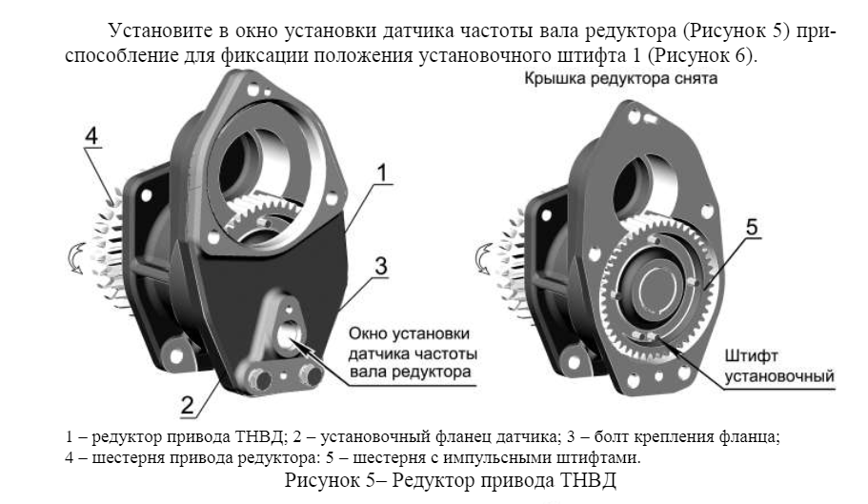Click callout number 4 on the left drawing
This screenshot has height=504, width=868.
[91, 135]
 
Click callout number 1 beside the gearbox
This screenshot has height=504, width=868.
[381, 173]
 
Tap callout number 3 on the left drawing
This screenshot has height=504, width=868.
[381, 266]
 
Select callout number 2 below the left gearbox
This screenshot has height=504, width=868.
[188, 406]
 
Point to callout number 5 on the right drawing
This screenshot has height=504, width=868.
[752, 228]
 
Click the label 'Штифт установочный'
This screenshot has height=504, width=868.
[778, 366]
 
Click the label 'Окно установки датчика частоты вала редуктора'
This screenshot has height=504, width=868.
[413, 353]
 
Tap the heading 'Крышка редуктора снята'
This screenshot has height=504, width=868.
[620, 78]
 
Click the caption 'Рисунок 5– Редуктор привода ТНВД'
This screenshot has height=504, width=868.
[450, 479]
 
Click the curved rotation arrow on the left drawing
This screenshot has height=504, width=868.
[74, 258]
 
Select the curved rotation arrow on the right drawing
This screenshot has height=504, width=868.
[484, 259]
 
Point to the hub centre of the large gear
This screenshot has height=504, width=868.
[657, 286]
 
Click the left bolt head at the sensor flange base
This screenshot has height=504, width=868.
[259, 379]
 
